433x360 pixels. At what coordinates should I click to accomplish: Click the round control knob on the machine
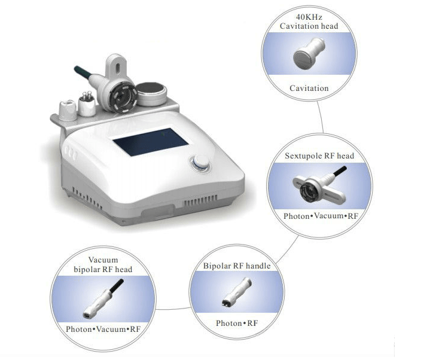pyautogui.click(x=201, y=163)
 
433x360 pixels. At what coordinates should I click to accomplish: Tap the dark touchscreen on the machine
pyautogui.click(x=151, y=142)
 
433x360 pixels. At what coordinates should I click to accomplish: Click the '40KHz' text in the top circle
pyautogui.click(x=309, y=17)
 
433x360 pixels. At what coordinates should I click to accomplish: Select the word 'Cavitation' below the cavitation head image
pyautogui.click(x=309, y=88)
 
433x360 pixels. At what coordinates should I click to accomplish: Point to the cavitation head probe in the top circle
pyautogui.click(x=309, y=53)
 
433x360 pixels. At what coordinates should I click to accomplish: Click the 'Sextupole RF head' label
pyautogui.click(x=319, y=155)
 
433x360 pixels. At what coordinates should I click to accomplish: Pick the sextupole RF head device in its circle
pyautogui.click(x=319, y=186)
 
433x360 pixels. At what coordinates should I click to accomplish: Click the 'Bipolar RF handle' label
pyautogui.click(x=237, y=266)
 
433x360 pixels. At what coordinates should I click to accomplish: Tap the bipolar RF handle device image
pyautogui.click(x=237, y=292)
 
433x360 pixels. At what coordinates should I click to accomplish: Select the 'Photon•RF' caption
pyautogui.click(x=237, y=323)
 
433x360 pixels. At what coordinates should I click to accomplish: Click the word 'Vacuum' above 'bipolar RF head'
pyautogui.click(x=103, y=260)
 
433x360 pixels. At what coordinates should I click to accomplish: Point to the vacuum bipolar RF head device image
pyautogui.click(x=103, y=299)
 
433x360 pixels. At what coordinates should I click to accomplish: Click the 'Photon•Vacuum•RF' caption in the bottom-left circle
pyautogui.click(x=103, y=329)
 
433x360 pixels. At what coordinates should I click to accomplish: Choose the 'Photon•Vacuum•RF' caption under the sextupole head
pyautogui.click(x=321, y=216)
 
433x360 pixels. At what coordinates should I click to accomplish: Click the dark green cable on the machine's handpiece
pyautogui.click(x=82, y=72)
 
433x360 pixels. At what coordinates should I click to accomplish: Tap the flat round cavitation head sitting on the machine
pyautogui.click(x=151, y=94)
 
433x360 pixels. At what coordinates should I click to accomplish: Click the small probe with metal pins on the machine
pyautogui.click(x=87, y=105)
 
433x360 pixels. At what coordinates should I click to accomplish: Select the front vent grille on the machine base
pyautogui.click(x=200, y=201)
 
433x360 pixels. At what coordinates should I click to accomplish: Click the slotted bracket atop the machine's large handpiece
pyautogui.click(x=117, y=67)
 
